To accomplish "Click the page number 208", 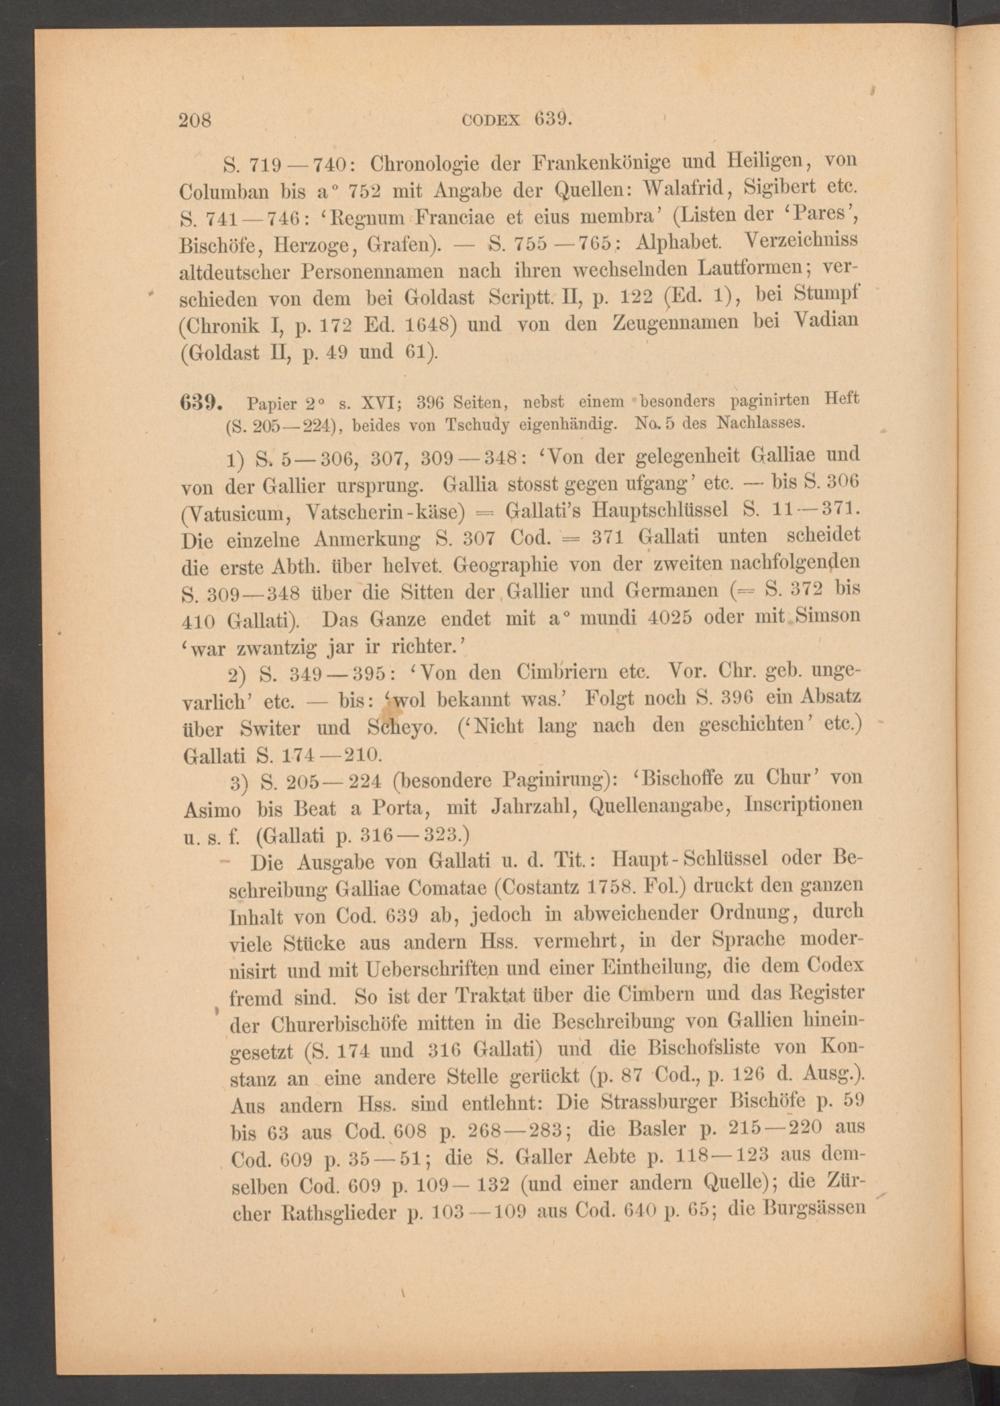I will coord(195,120).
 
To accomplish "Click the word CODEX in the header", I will coord(492,120).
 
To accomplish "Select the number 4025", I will coord(685,617).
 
